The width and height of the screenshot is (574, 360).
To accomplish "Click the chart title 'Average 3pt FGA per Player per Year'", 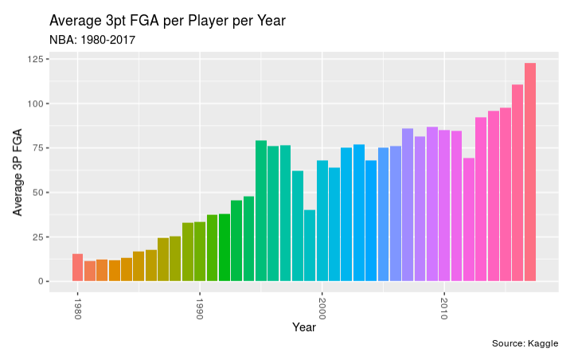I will [167, 21].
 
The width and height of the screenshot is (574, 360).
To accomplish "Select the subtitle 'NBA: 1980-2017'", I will [92, 39].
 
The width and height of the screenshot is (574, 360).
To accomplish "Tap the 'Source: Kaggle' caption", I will [525, 343].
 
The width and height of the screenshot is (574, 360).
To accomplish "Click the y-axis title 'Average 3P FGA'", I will [18, 174].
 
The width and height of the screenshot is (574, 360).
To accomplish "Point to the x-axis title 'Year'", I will [303, 327].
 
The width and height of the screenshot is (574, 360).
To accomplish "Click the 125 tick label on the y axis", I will [34, 60].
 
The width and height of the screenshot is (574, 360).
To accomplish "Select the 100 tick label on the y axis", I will [34, 104].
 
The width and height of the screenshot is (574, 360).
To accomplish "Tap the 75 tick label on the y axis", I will [37, 148].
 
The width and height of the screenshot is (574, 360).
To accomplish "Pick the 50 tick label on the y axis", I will [37, 193].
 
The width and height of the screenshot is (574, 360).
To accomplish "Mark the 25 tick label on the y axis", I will [37, 237].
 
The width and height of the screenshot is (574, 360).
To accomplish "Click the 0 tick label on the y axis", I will [40, 281].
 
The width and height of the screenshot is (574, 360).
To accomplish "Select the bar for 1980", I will [77, 268].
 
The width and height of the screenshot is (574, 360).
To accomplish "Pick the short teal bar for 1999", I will [310, 245].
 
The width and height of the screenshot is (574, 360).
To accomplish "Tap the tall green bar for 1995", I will [261, 211].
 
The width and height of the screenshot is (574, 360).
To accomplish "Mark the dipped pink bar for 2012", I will [469, 220].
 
